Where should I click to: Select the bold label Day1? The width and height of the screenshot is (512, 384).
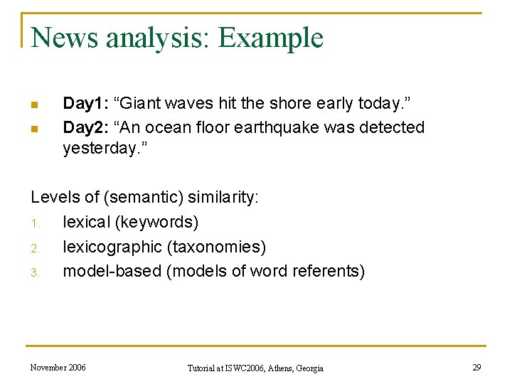85,104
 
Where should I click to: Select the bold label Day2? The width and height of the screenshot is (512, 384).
85,128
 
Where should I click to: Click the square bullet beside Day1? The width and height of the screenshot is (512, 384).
33,105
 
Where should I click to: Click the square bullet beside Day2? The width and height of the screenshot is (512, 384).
33,129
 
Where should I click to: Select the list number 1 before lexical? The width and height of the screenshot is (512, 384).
33,223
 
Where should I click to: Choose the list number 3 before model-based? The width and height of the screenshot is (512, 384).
33,272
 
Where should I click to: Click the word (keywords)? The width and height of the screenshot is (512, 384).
156,223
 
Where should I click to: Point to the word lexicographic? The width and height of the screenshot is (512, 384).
112,247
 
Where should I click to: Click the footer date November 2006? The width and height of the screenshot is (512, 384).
58,368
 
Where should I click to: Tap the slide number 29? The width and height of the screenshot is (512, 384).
476,368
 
